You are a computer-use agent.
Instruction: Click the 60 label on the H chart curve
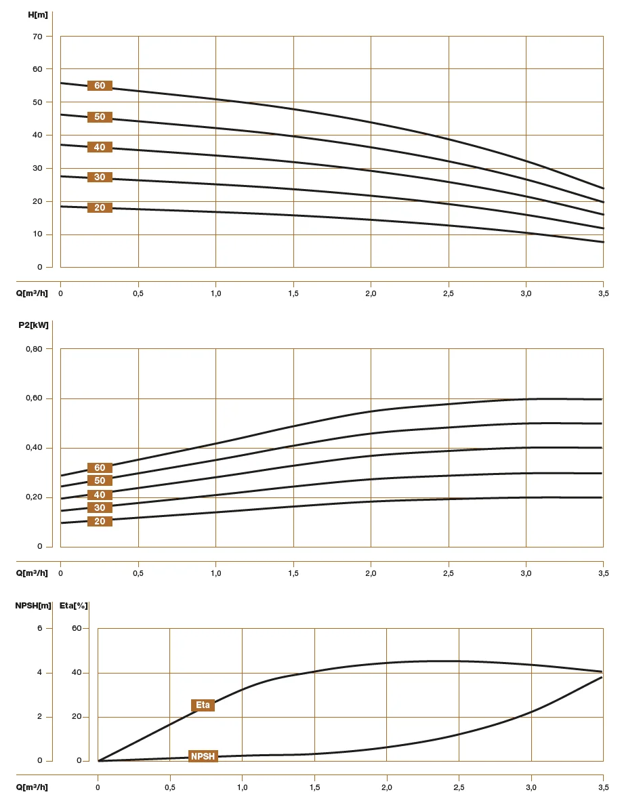click(100, 86)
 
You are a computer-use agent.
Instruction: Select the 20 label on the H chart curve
click(100, 207)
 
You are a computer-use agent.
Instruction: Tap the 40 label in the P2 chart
click(100, 495)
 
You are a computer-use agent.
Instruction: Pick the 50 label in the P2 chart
click(100, 480)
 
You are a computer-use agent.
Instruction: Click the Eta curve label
click(203, 705)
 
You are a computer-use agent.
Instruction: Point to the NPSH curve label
click(203, 756)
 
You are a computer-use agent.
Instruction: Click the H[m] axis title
click(38, 14)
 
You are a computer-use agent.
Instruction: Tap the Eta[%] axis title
click(73, 605)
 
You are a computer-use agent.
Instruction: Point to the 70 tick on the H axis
click(38, 36)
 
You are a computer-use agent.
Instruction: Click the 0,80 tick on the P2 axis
click(34, 349)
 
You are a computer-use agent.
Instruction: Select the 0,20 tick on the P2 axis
click(34, 497)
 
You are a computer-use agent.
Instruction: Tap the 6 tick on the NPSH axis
click(39, 628)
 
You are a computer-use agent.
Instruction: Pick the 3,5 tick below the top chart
click(603, 293)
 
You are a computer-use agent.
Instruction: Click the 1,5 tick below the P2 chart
click(293, 573)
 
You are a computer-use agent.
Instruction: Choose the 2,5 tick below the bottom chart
click(459, 787)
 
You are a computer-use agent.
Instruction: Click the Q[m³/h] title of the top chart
click(32, 293)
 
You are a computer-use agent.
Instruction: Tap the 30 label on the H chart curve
click(100, 177)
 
